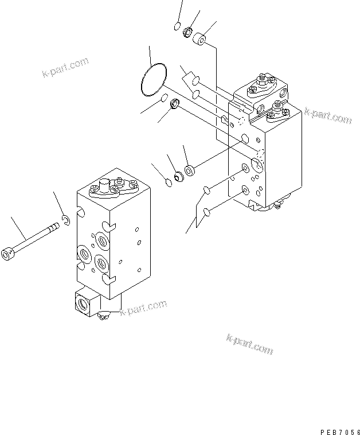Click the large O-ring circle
[x=152, y=81]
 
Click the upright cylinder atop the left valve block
[x=105, y=187]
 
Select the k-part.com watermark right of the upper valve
[x=328, y=115]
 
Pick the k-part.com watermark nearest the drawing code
[x=250, y=343]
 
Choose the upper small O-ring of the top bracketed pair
[x=195, y=80]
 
